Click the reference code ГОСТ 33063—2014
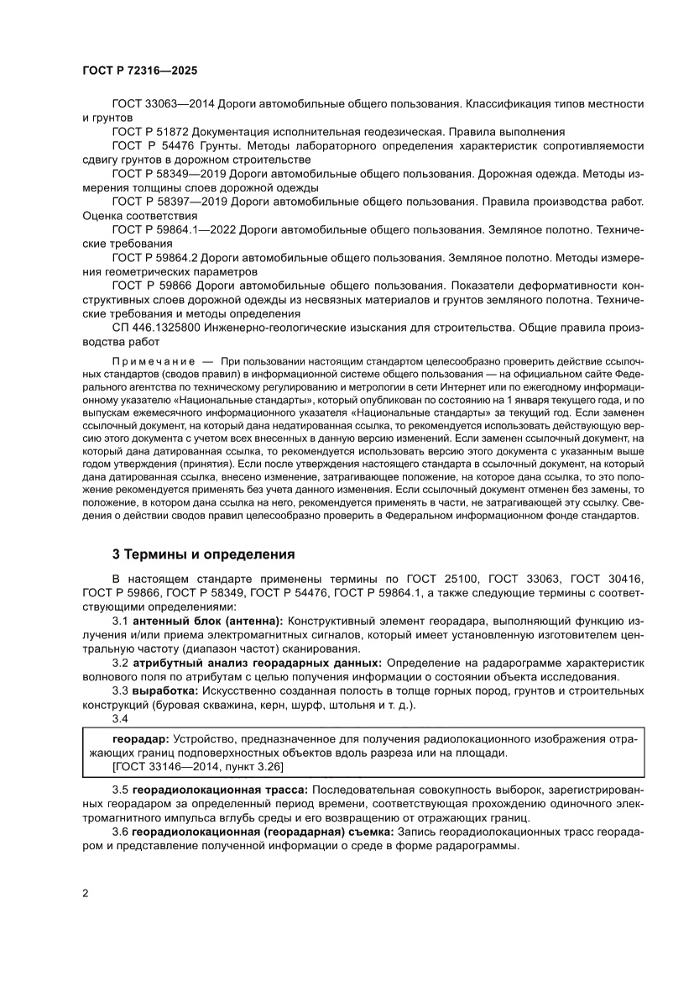click(x=164, y=104)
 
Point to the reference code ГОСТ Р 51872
click(x=151, y=132)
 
